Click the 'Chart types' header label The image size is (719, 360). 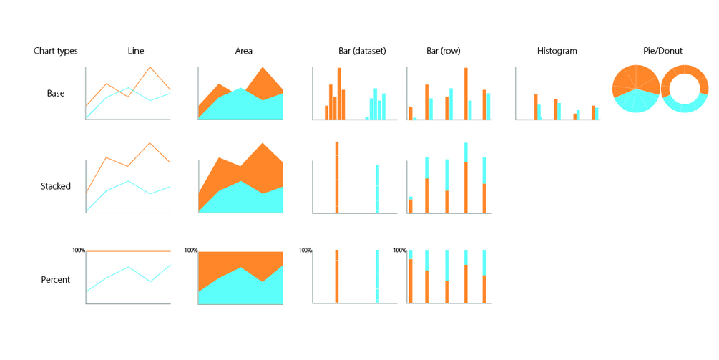tap(56, 52)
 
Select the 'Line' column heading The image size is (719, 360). tap(135, 52)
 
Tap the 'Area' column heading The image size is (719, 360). tap(243, 52)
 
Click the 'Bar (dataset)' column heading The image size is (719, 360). tap(362, 52)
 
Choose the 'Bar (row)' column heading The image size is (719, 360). tap(444, 52)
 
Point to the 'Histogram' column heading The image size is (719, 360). tap(557, 52)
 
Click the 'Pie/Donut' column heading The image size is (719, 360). tap(662, 52)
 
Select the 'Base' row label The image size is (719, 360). tap(56, 94)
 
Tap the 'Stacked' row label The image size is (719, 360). tap(56, 186)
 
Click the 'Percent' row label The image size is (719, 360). tap(56, 279)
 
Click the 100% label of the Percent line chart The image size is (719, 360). tap(79, 250)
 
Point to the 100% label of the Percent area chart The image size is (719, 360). tap(191, 250)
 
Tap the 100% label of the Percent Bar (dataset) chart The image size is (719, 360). tap(305, 250)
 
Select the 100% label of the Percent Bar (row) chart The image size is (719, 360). tap(400, 250)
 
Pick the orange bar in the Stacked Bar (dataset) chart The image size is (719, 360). tap(337, 177)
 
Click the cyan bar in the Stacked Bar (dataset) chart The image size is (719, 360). tap(377, 189)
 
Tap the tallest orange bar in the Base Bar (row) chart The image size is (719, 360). tap(466, 93)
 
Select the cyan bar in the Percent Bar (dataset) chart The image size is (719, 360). tap(377, 276)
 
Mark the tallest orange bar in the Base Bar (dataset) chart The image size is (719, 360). tap(339, 93)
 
